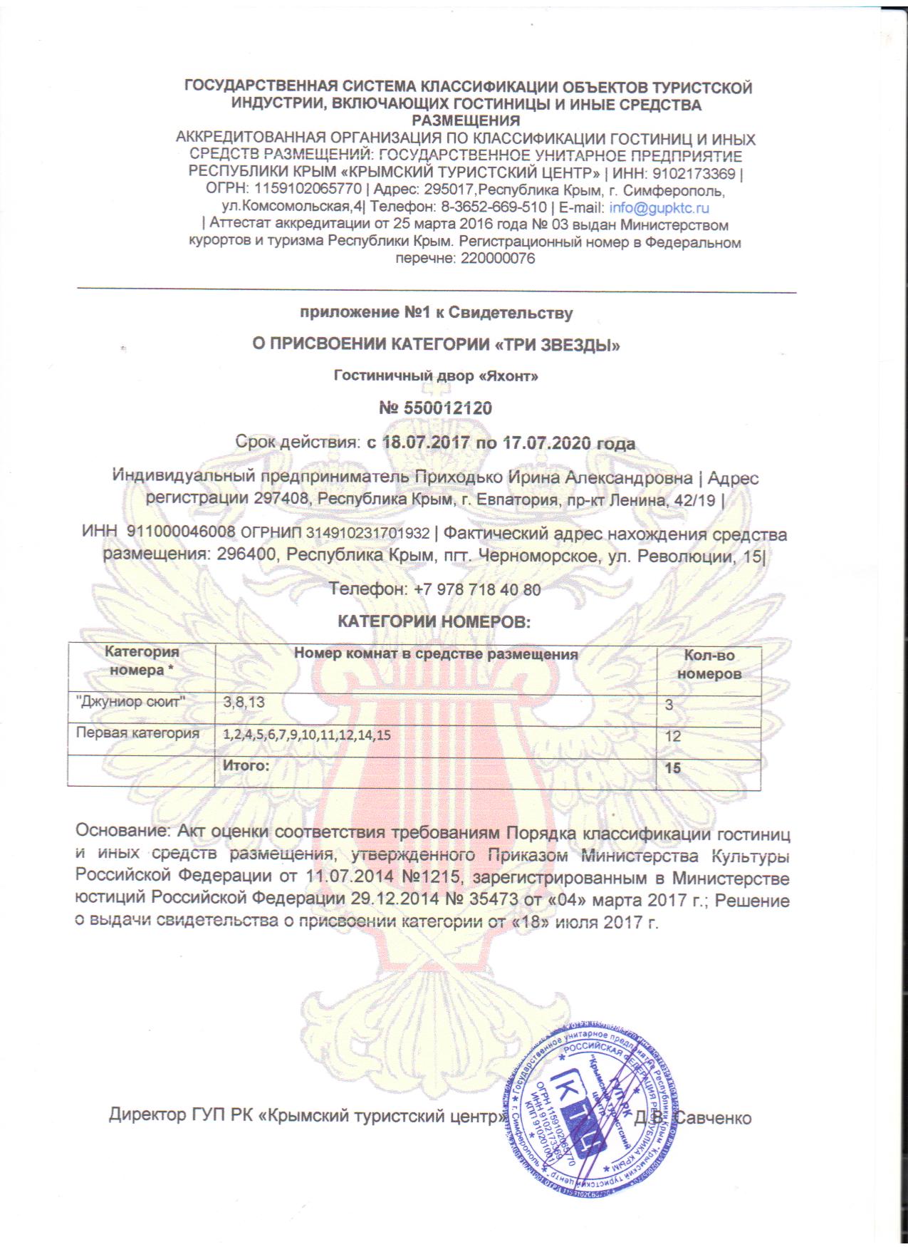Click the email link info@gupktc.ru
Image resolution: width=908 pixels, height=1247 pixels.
tap(659, 208)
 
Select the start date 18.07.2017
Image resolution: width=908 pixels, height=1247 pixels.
tap(426, 443)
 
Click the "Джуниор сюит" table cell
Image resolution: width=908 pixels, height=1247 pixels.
tap(131, 702)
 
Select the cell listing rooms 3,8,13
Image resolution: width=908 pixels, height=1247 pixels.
tap(244, 703)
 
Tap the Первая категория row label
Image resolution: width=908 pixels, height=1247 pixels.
tap(137, 733)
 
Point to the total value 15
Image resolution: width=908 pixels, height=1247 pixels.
tap(672, 768)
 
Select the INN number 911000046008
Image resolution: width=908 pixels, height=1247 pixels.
tap(180, 534)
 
